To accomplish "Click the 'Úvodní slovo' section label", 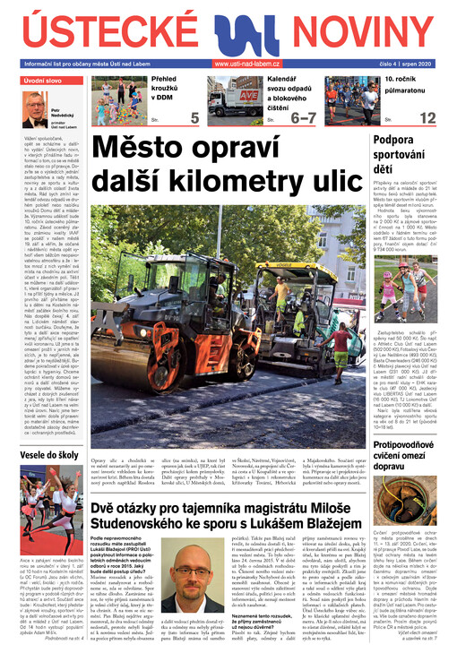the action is click(42, 82).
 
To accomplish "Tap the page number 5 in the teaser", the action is click(194, 117).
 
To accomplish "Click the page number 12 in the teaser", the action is click(427, 117).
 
